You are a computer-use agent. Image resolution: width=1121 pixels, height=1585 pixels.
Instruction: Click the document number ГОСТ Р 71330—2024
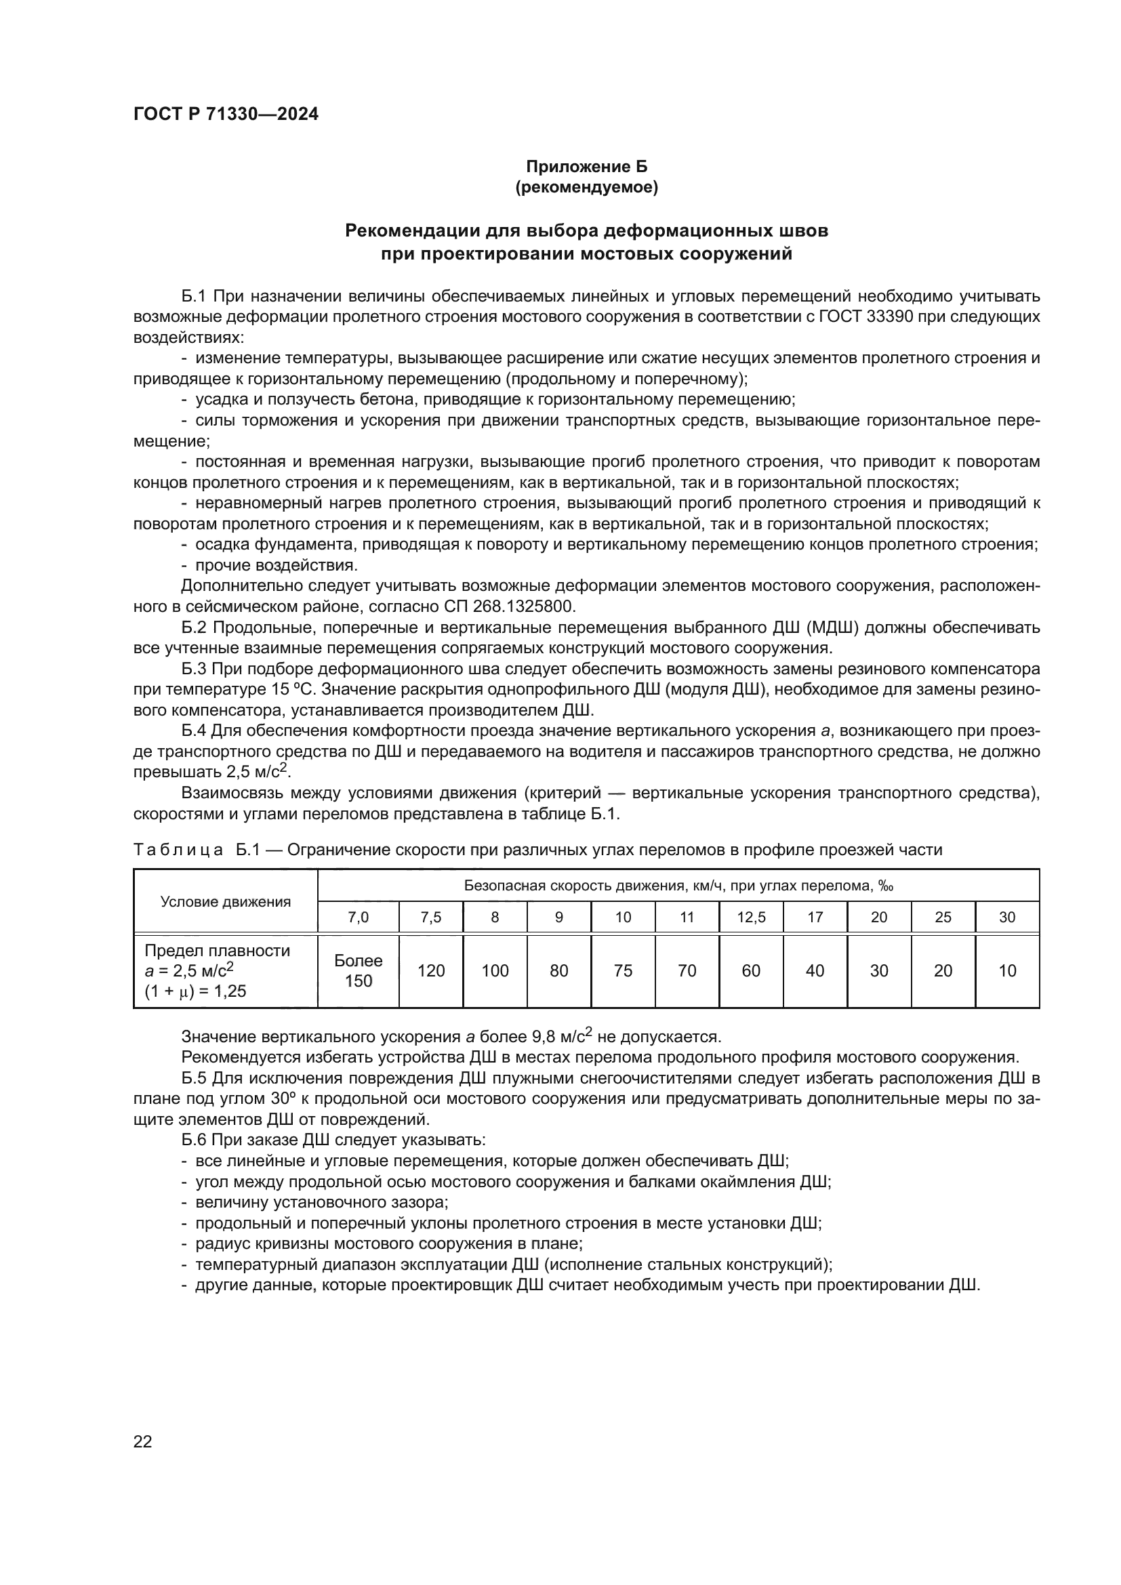click(226, 115)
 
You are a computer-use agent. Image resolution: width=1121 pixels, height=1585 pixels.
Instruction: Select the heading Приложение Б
click(587, 167)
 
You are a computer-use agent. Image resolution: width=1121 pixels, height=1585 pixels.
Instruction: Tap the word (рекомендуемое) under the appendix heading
click(587, 187)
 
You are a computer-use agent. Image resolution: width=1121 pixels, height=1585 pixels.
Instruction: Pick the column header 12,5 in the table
click(750, 918)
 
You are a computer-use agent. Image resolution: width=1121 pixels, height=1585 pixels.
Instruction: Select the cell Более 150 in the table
click(359, 970)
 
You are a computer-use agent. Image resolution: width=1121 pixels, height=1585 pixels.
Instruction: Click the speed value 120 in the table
click(431, 970)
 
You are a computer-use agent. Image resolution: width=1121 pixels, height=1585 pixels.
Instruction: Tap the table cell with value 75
click(623, 970)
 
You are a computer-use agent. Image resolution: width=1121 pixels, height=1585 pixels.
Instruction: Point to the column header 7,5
click(431, 918)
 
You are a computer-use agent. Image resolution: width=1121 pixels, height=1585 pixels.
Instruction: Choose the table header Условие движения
click(226, 901)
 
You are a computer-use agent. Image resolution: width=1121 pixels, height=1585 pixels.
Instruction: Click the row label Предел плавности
click(217, 951)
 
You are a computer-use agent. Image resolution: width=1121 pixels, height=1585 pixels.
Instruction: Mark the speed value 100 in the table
click(495, 970)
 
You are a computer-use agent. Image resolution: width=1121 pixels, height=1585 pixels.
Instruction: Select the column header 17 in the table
click(815, 918)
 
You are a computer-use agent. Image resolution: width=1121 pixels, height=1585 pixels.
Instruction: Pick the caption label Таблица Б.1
click(197, 850)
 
